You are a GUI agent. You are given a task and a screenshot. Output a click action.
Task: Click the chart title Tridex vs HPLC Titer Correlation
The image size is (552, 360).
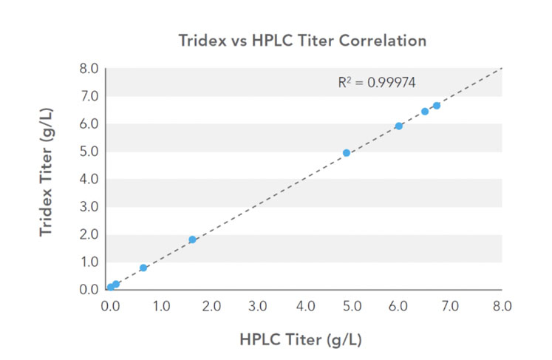pyautogui.click(x=302, y=41)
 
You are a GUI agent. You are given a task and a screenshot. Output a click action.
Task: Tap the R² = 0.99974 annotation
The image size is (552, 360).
pyautogui.click(x=376, y=83)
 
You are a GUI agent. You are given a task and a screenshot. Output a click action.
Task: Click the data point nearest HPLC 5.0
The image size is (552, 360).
pyautogui.click(x=347, y=153)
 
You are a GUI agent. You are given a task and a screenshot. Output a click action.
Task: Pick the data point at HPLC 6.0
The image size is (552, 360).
pyautogui.click(x=399, y=126)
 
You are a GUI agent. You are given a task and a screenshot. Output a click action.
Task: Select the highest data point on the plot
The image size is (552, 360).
pyautogui.click(x=437, y=106)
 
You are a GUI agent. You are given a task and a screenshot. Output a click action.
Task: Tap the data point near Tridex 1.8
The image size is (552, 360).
pyautogui.click(x=193, y=240)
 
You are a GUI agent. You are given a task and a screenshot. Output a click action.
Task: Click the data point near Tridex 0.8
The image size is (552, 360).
pyautogui.click(x=143, y=268)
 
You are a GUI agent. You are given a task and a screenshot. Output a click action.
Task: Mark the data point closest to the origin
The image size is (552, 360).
pyautogui.click(x=110, y=287)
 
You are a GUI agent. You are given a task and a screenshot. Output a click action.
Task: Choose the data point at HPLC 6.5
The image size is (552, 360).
pyautogui.click(x=425, y=112)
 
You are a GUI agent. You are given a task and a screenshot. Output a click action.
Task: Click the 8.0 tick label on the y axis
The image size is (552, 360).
pyautogui.click(x=89, y=69)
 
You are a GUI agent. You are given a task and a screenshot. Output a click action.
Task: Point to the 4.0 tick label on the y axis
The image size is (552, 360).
pyautogui.click(x=89, y=179)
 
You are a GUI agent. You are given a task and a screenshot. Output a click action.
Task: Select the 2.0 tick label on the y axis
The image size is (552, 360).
pyautogui.click(x=89, y=234)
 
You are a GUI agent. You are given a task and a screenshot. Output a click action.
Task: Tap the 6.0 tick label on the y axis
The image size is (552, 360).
pyautogui.click(x=89, y=123)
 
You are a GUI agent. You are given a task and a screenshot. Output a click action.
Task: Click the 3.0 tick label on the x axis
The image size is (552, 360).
pyautogui.click(x=257, y=304)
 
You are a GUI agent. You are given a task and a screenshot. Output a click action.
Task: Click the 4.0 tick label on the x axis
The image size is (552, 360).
pyautogui.click(x=306, y=304)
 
